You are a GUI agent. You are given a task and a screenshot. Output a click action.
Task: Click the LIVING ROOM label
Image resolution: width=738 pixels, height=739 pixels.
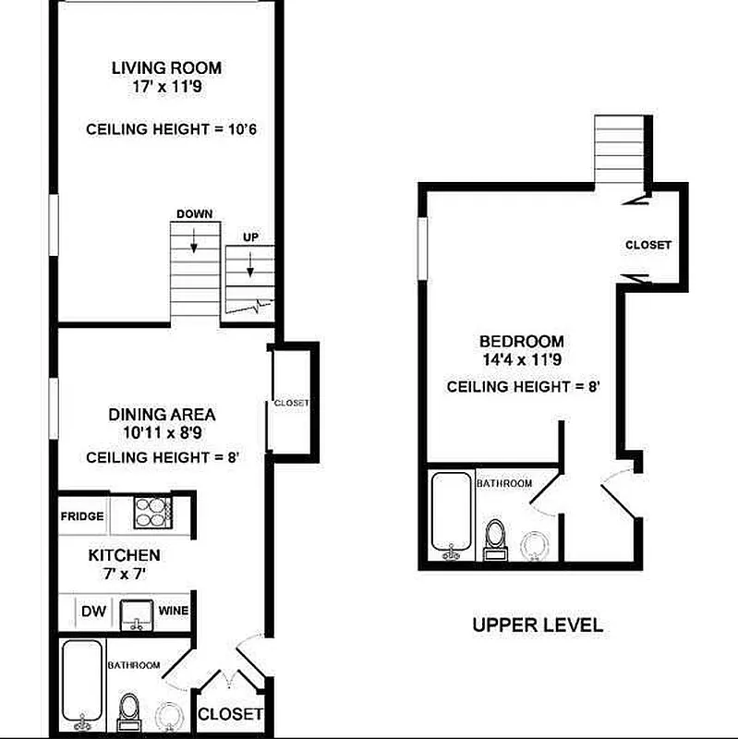pos(166,67)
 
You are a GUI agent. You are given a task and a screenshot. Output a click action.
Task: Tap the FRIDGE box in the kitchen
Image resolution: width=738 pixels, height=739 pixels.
pos(82,516)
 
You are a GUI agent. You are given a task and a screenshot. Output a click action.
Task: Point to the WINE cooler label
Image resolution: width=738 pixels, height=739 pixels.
pos(173,611)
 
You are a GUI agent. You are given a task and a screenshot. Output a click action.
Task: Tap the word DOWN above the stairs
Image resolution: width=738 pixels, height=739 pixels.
pos(194,214)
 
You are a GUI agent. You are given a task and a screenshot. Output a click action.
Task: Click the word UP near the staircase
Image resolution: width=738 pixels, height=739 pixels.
pos(250,237)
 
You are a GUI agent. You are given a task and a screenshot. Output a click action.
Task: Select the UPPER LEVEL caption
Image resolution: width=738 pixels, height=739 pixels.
pos(538,625)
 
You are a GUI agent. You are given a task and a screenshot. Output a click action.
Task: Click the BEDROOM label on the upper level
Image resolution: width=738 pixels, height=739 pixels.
pos(522,341)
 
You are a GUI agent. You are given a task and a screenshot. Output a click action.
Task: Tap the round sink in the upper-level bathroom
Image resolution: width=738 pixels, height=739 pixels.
pos(535,545)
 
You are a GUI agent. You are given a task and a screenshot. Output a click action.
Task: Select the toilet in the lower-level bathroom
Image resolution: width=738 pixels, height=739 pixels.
pos(129,711)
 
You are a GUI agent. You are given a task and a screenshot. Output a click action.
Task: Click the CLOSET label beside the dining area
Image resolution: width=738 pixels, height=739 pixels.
pos(291,404)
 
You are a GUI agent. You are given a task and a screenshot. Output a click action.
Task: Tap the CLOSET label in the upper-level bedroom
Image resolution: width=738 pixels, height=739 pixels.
pos(648,246)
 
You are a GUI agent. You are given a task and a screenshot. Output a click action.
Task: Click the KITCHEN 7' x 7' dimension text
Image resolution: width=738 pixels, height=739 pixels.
pos(125,574)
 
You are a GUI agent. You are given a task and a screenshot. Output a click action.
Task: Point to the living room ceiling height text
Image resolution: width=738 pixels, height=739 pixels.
pos(171,129)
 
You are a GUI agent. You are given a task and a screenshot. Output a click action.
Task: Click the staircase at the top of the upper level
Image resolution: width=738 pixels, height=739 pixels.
pos(617,149)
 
